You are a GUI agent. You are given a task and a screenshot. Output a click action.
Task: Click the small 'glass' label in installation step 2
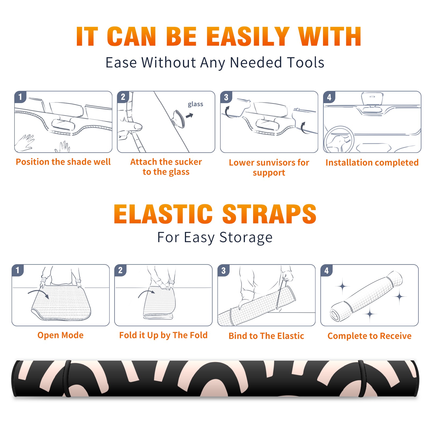coord(195,104)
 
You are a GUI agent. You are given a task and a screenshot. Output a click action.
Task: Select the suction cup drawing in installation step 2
coord(179,119)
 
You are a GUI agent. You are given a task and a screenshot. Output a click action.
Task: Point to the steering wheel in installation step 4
coord(339,139)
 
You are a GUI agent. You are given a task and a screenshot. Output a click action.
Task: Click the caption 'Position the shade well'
coord(63,162)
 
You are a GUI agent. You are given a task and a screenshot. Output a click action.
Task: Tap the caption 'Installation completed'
coord(372,162)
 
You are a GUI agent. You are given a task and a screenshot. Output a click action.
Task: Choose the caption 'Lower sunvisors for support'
coord(269,167)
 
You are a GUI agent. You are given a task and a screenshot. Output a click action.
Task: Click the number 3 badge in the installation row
coord(226,97)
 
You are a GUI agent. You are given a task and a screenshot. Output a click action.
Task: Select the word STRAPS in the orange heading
coord(269,214)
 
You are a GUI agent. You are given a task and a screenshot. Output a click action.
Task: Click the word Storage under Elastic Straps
coord(246,237)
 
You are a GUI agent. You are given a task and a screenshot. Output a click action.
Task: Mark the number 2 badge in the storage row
coord(120,270)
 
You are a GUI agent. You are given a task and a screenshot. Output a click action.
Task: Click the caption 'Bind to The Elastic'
coord(266,336)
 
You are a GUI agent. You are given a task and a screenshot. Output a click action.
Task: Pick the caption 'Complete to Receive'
coord(370,336)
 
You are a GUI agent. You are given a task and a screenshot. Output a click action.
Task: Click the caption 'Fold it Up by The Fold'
coord(163,335)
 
